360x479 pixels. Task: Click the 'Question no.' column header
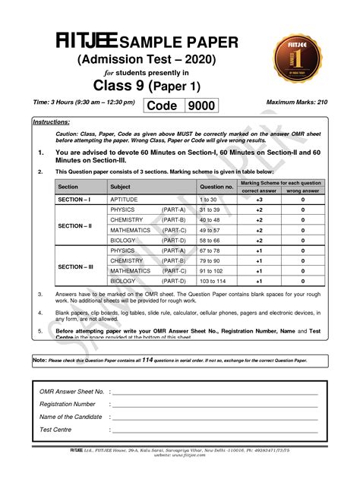point(216,186)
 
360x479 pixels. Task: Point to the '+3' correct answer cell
point(260,199)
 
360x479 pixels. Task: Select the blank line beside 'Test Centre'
point(213,433)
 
